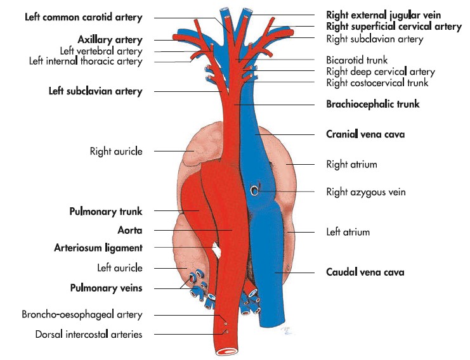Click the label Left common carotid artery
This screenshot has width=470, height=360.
point(83,16)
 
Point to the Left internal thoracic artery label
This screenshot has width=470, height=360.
point(86,61)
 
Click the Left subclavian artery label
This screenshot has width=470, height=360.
point(95,91)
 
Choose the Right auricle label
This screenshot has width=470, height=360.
point(116,151)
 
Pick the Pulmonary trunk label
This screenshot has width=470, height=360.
point(105,211)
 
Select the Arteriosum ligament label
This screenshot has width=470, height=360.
point(98,248)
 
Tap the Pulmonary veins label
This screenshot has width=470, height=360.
point(105,288)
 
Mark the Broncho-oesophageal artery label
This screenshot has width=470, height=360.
point(82,314)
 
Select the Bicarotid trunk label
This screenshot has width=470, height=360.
point(353,61)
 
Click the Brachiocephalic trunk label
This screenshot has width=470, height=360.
point(373,104)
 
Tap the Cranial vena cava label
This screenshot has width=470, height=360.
point(365,134)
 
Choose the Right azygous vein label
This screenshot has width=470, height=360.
point(365,191)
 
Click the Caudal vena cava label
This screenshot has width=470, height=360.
point(365,273)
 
